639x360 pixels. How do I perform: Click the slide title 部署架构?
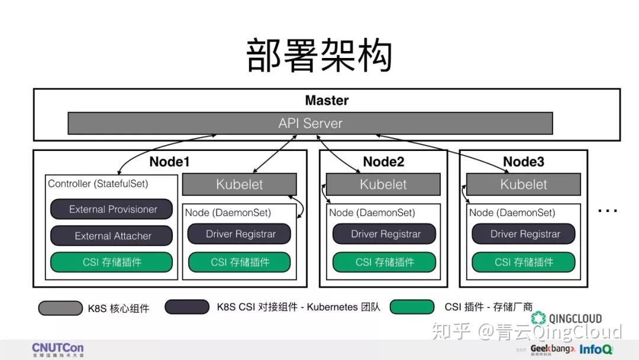pyautogui.click(x=319, y=56)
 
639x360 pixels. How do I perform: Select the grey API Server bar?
pyautogui.click(x=310, y=123)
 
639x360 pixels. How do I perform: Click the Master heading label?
pyautogui.click(x=327, y=101)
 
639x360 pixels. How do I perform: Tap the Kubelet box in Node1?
pyautogui.click(x=239, y=184)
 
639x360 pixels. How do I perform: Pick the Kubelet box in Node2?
pyautogui.click(x=383, y=184)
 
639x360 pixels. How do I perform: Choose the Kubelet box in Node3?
pyautogui.click(x=523, y=184)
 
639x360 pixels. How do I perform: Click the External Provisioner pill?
pyautogui.click(x=112, y=209)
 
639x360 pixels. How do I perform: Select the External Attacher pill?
pyautogui.click(x=112, y=236)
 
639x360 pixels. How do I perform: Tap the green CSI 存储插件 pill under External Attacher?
pyautogui.click(x=112, y=262)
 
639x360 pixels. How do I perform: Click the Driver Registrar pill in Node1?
pyautogui.click(x=240, y=234)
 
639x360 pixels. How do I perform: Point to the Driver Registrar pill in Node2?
pyautogui.click(x=385, y=234)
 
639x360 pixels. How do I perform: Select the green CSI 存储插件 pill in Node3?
pyautogui.click(x=524, y=262)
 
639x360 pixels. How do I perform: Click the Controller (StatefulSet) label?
pyautogui.click(x=98, y=184)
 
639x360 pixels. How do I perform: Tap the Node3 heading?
pyautogui.click(x=523, y=162)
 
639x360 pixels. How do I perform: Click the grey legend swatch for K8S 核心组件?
pyautogui.click(x=60, y=308)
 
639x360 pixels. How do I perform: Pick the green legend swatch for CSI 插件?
pyautogui.click(x=412, y=307)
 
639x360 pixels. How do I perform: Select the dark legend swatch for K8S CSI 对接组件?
pyautogui.click(x=187, y=307)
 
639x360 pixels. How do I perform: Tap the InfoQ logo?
pyautogui.click(x=596, y=349)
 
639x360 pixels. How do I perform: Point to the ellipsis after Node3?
pyautogui.click(x=608, y=210)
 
